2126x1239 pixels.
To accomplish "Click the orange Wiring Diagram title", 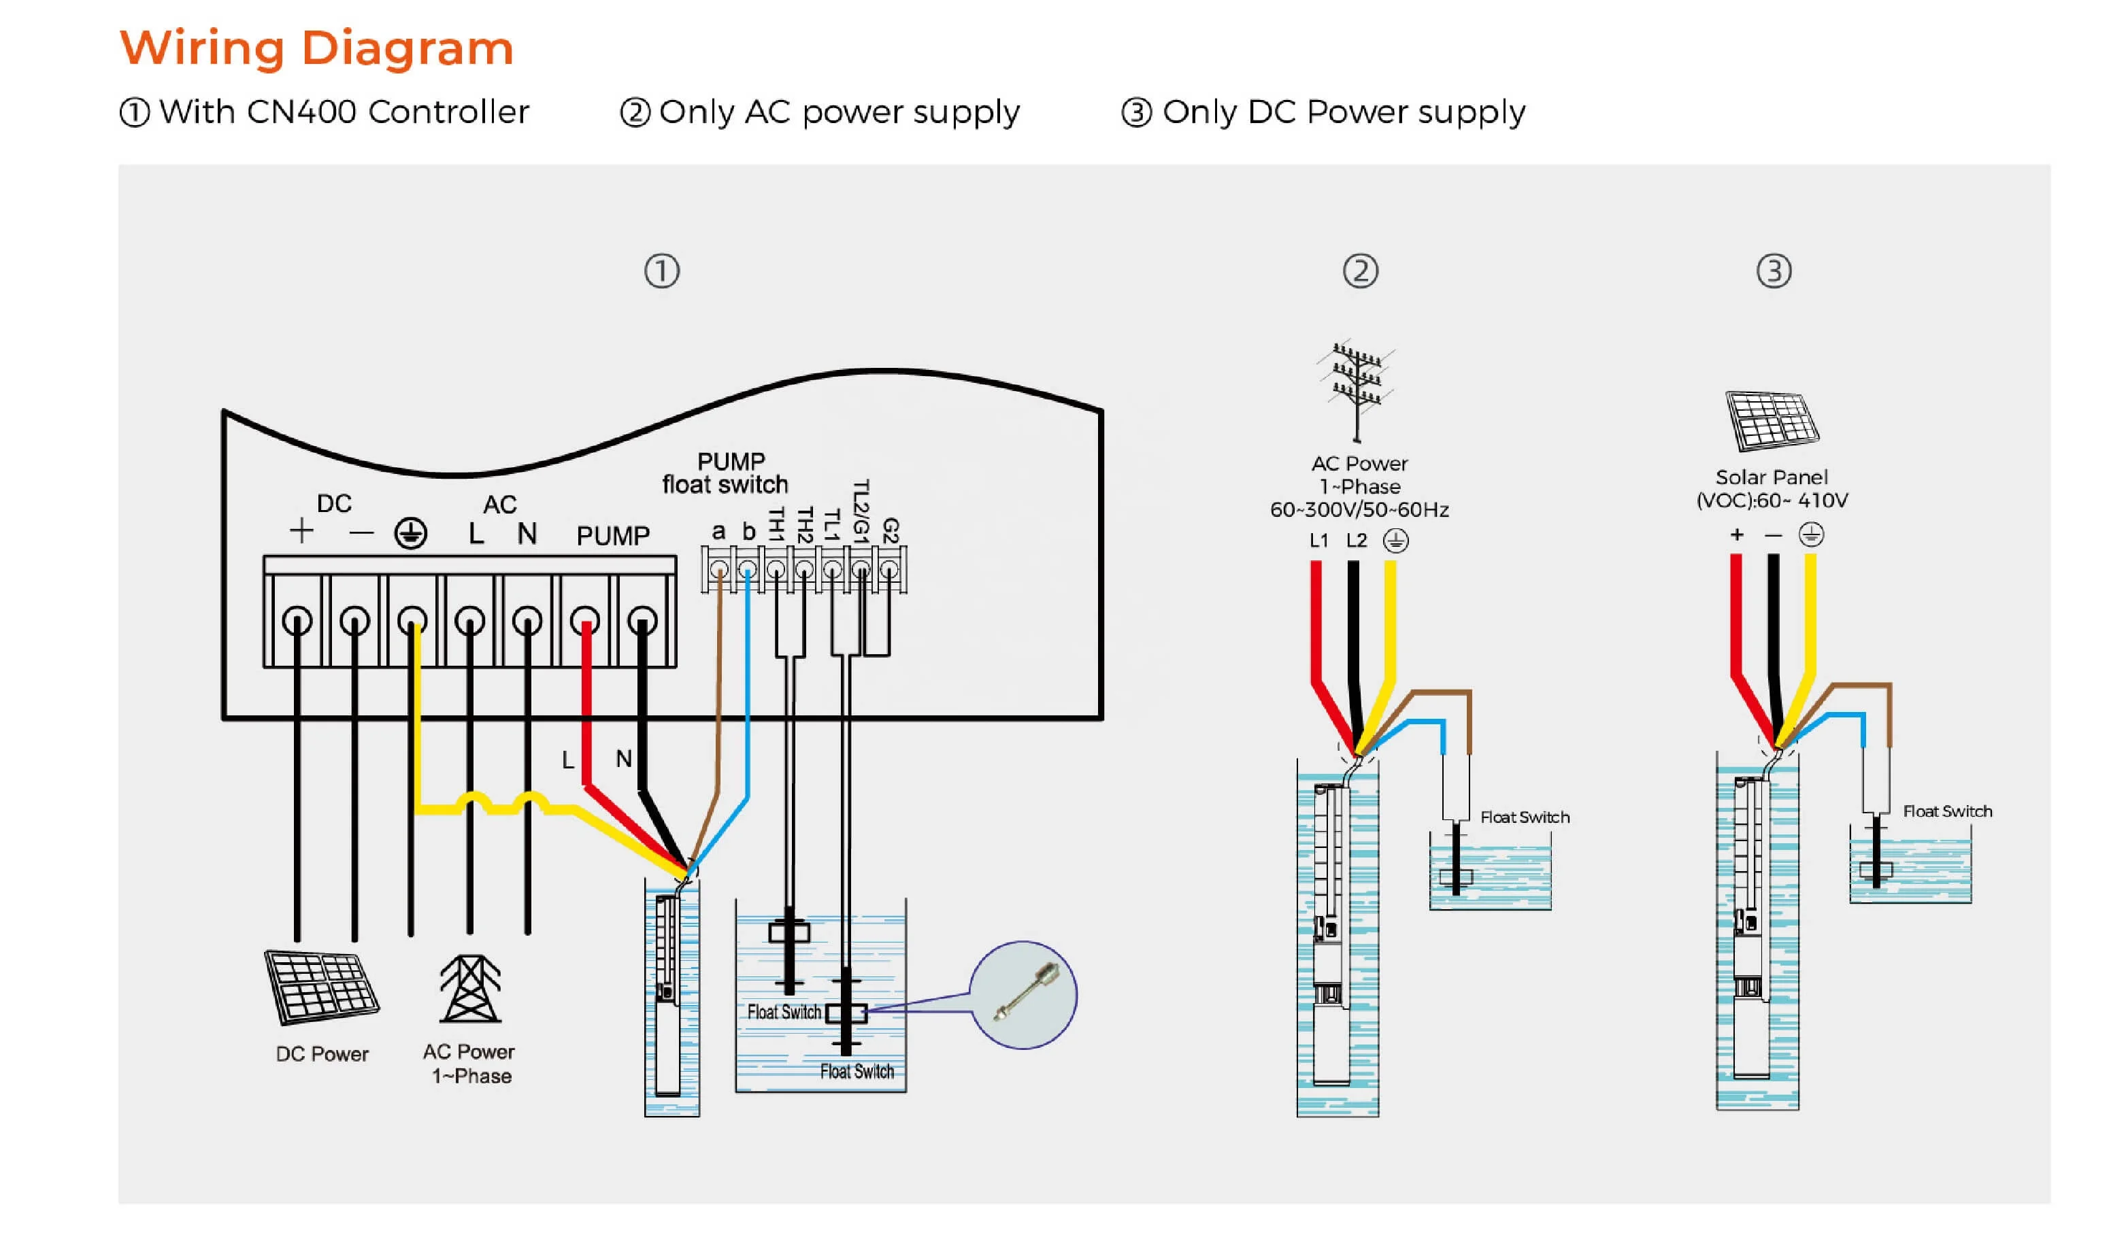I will pos(316,48).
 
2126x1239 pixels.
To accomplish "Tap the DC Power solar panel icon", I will pos(321,987).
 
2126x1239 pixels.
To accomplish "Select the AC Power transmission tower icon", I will pos(470,989).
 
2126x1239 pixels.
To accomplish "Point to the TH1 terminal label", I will pos(776,524).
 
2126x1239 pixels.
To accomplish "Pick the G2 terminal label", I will pos(890,530).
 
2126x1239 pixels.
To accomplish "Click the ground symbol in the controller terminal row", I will pos(411,533).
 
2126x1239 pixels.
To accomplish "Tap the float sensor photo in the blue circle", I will pos(1023,994).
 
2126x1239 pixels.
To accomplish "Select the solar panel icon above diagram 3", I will pos(1772,421).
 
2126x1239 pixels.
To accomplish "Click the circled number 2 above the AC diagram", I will pos(1360,271).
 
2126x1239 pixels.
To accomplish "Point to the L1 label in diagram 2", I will pos(1318,541).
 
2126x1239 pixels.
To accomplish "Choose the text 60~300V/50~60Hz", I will pos(1359,509).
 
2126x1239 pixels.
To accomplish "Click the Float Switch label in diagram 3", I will pos(1947,811).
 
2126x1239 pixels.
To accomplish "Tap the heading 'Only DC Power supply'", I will pos(1343,112).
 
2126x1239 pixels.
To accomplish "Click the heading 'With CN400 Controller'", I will pos(344,112).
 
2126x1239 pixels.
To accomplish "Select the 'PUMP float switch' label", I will pos(725,473).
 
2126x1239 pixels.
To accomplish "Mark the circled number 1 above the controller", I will pos(661,271).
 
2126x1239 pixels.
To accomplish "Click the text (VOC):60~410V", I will pos(1772,500).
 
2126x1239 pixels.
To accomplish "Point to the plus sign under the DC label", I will pos(301,531).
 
